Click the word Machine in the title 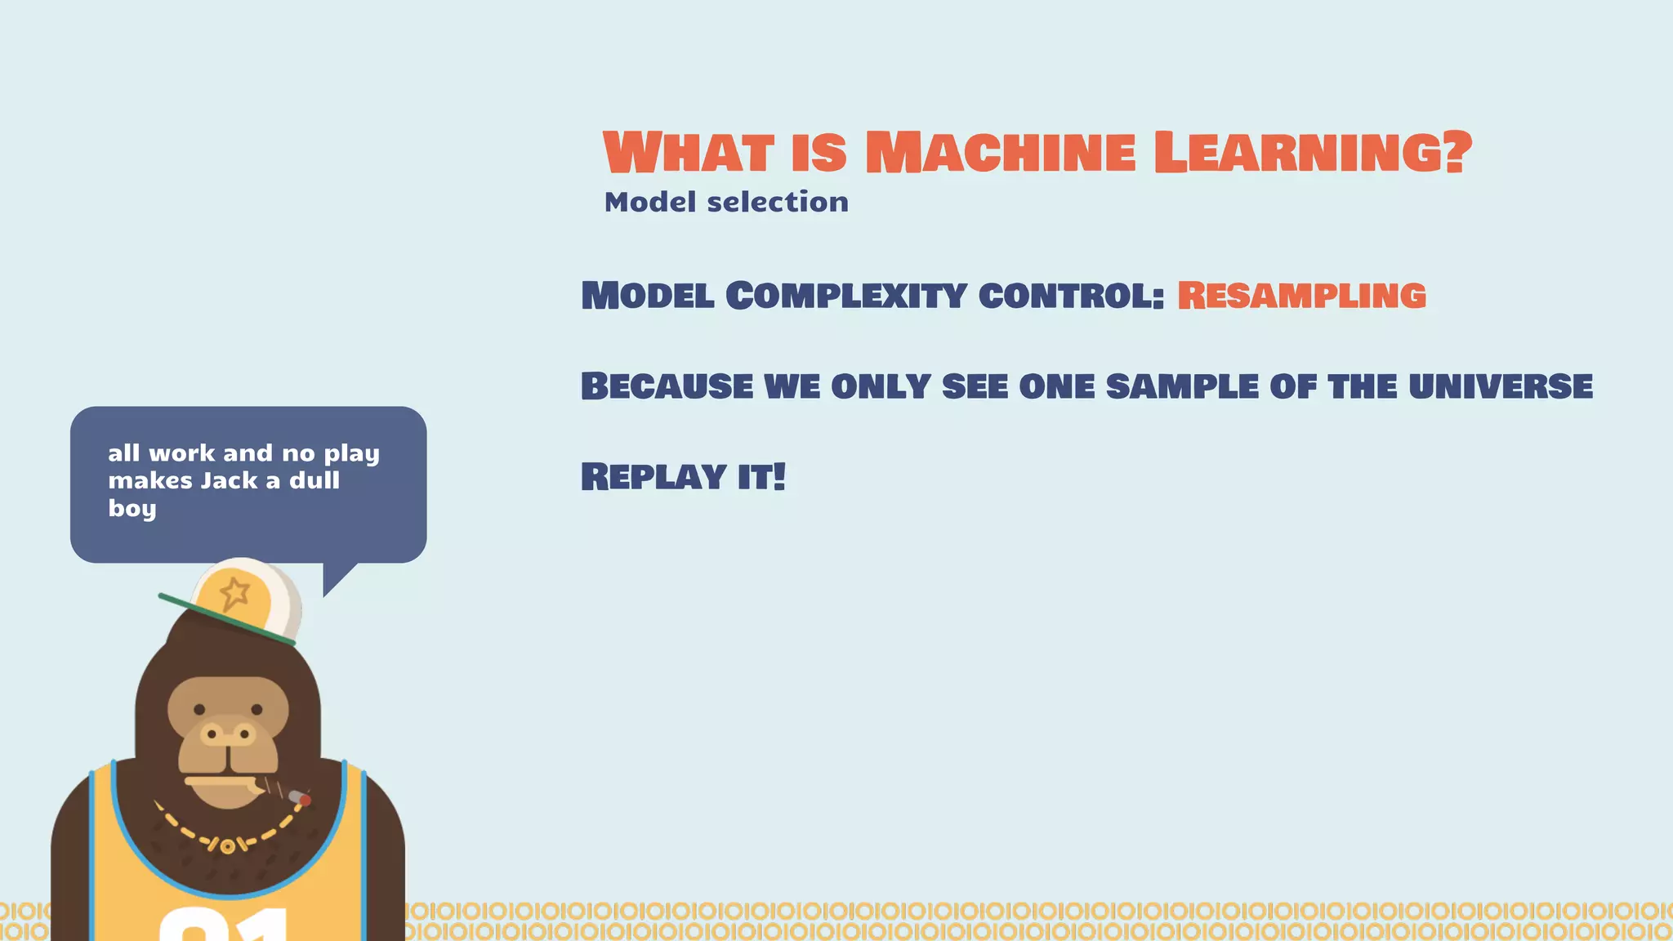click(1000, 153)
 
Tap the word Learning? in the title click(1312, 153)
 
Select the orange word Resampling click(1301, 296)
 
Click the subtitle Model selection click(726, 202)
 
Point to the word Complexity click(845, 296)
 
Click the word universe click(1500, 386)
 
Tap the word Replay click(654, 477)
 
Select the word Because click(667, 386)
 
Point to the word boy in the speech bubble click(132, 509)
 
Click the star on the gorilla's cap click(234, 592)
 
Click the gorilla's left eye click(199, 709)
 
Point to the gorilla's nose click(228, 734)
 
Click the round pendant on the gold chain click(228, 846)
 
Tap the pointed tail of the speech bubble click(334, 582)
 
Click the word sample click(1181, 386)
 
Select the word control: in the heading click(1071, 296)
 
